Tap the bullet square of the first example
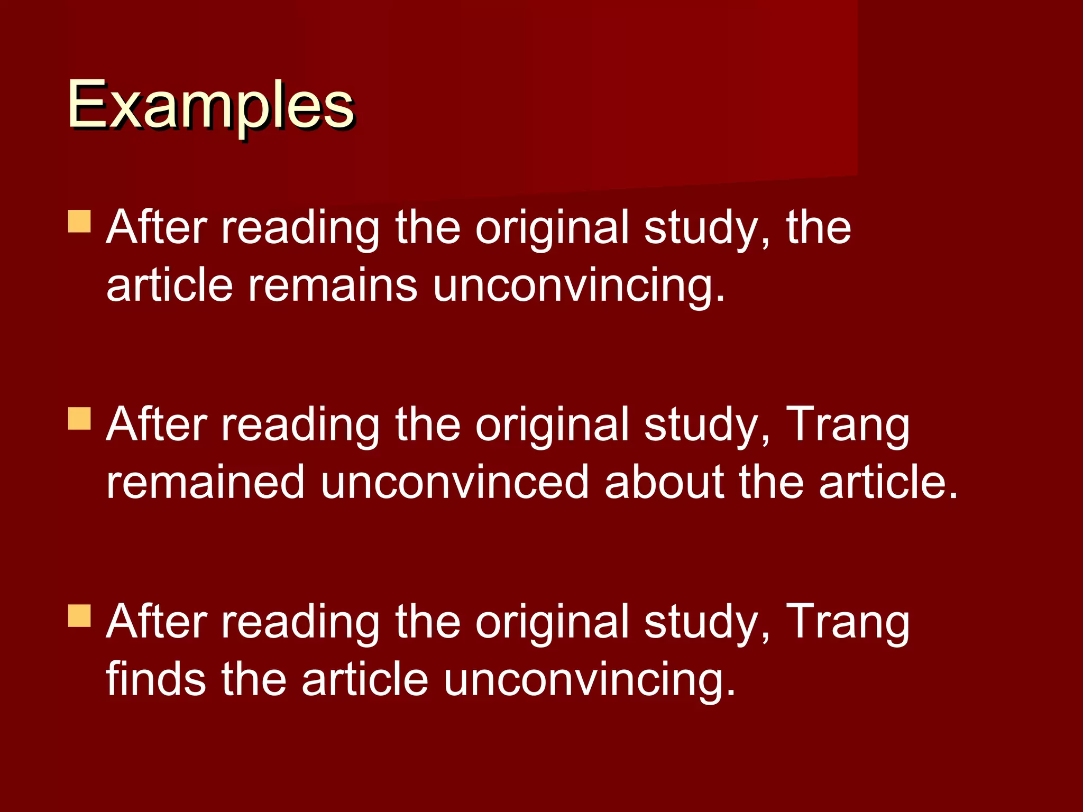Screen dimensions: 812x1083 [x=79, y=222]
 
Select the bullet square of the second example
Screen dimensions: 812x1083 [x=79, y=418]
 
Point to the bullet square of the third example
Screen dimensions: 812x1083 [x=79, y=615]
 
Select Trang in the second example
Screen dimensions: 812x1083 [x=848, y=426]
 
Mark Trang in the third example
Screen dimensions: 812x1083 [x=848, y=623]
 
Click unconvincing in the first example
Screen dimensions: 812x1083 [x=579, y=287]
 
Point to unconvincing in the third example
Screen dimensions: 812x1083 [x=589, y=681]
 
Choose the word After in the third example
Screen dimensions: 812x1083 [x=157, y=622]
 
